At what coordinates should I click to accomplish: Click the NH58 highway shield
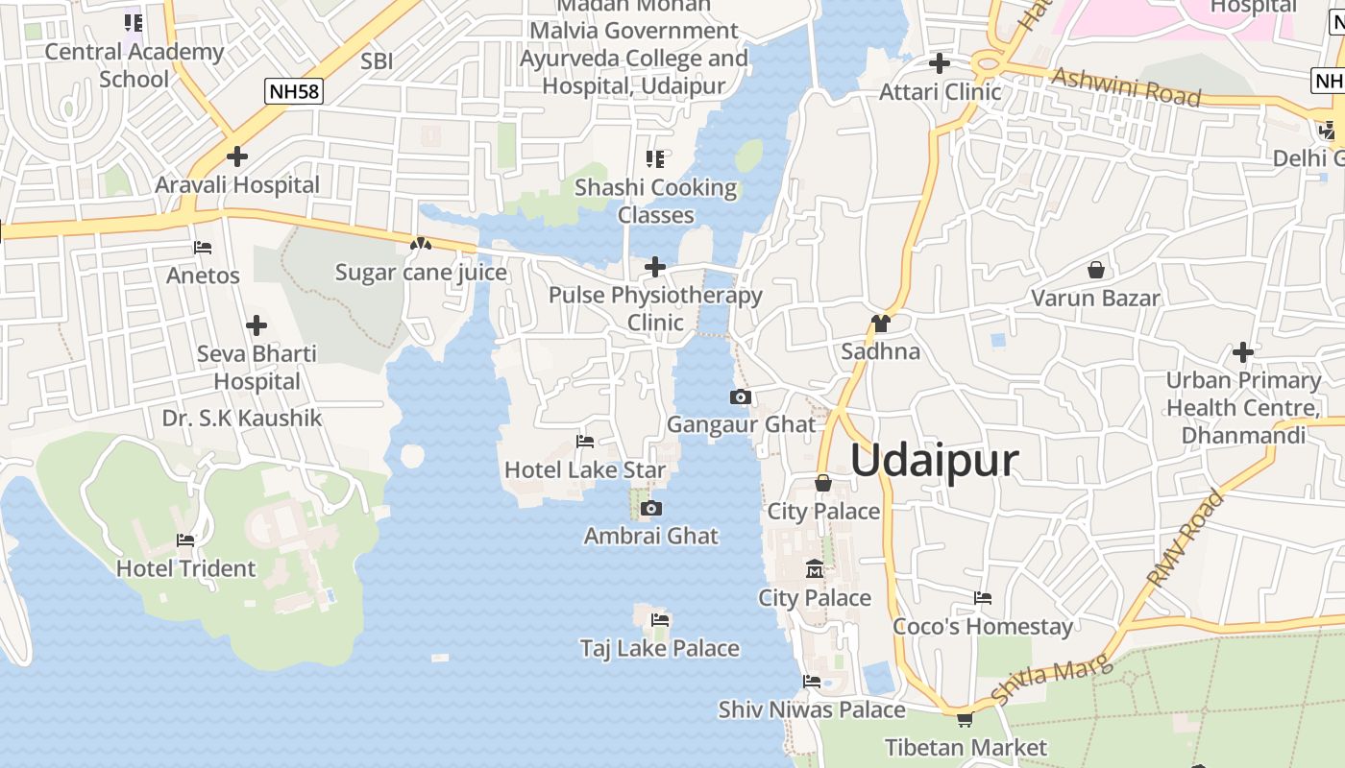pyautogui.click(x=294, y=91)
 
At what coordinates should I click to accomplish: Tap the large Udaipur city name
pyautogui.click(x=934, y=461)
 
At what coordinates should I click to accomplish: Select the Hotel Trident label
pyautogui.click(x=185, y=568)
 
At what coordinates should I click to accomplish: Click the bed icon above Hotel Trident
pyautogui.click(x=185, y=540)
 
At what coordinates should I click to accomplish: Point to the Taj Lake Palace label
pyautogui.click(x=659, y=648)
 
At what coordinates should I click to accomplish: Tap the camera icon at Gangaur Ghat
pyautogui.click(x=740, y=396)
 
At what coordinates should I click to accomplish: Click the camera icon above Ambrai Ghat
pyautogui.click(x=651, y=508)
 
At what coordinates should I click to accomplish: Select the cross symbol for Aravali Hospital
pyautogui.click(x=236, y=156)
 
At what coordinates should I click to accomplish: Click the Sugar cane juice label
pyautogui.click(x=421, y=273)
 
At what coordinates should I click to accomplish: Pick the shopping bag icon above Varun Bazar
pyautogui.click(x=1095, y=270)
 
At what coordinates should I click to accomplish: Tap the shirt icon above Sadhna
pyautogui.click(x=880, y=323)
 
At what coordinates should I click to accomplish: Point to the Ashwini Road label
pyautogui.click(x=1126, y=86)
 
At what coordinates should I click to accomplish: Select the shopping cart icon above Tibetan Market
pyautogui.click(x=965, y=719)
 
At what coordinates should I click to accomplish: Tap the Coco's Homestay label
pyautogui.click(x=982, y=627)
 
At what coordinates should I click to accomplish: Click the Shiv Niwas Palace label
pyautogui.click(x=812, y=709)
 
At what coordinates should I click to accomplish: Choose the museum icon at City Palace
pyautogui.click(x=815, y=569)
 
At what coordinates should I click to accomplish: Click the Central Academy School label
pyautogui.click(x=134, y=65)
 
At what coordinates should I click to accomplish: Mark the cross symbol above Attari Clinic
pyautogui.click(x=940, y=63)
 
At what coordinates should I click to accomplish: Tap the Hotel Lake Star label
pyautogui.click(x=584, y=469)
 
